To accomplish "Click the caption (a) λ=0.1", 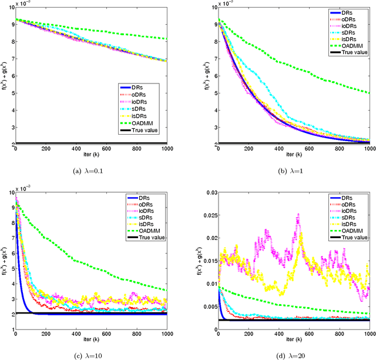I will point(89,172).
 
